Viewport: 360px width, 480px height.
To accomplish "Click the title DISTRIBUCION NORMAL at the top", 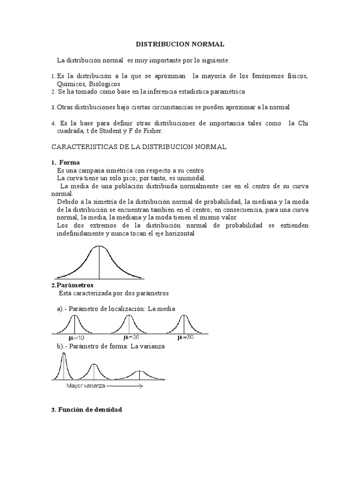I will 180,44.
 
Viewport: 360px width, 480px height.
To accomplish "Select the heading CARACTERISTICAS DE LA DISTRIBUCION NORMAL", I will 138,147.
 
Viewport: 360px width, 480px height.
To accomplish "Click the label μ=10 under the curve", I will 76,337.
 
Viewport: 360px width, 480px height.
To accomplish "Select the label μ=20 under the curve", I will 131,337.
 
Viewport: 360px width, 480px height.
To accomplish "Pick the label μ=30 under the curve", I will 185,337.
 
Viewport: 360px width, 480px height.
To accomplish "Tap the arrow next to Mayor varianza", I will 124,386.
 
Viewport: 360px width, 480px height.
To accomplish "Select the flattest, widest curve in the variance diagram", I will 139,375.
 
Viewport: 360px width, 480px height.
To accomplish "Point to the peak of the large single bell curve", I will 98,247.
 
